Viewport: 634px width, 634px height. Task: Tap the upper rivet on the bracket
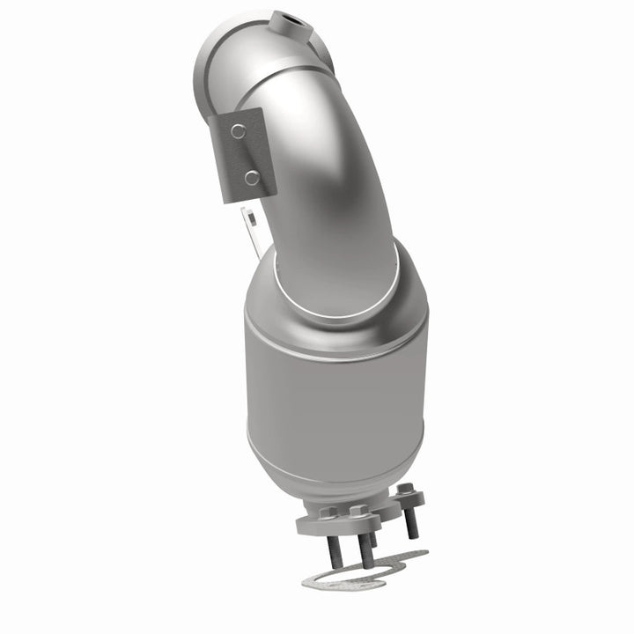[x=237, y=131]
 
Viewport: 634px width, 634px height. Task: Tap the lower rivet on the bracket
[x=251, y=178]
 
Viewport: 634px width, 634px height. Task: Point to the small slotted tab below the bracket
[x=252, y=225]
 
